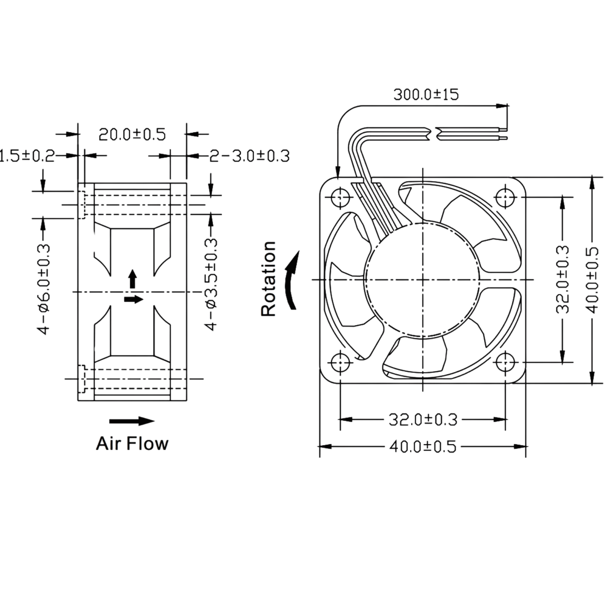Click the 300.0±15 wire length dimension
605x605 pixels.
point(426,95)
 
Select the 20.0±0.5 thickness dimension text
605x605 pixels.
point(132,134)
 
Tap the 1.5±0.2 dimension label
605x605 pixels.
point(27,156)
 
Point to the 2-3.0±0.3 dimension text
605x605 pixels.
point(249,156)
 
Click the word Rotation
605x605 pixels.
point(268,278)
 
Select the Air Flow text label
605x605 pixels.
point(132,443)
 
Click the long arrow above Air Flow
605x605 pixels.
point(132,421)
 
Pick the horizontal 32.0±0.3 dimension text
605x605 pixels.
point(423,420)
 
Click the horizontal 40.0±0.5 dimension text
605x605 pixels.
point(423,447)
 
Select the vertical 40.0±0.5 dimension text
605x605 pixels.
point(592,280)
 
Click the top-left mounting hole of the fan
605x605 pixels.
point(340,198)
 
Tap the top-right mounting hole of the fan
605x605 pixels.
point(505,198)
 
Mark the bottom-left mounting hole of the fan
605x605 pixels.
point(340,362)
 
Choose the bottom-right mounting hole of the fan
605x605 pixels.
point(505,362)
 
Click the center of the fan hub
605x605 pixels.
point(423,279)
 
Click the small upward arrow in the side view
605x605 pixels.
point(133,279)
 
